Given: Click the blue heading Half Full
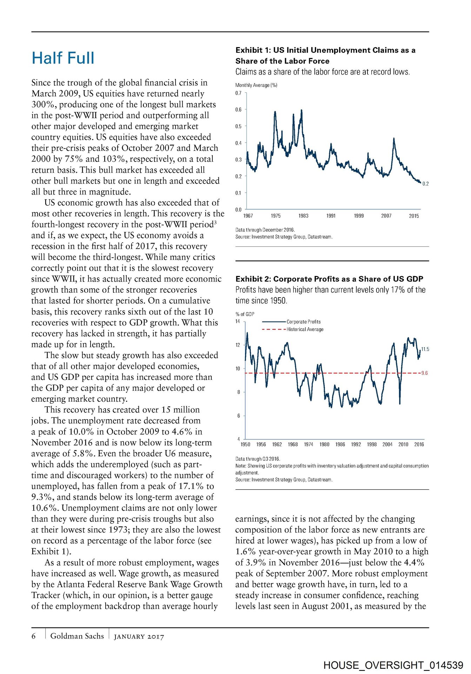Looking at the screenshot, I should [x=63, y=58].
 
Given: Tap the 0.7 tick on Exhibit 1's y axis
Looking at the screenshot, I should [x=238, y=93].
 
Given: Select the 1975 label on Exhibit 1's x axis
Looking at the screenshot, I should [x=276, y=216].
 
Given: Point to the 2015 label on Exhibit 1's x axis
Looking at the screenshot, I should [x=414, y=216].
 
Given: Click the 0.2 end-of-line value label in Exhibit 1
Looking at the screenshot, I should [x=425, y=184].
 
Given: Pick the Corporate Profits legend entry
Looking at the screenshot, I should [x=303, y=322].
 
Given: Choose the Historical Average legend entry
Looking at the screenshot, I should [x=305, y=329].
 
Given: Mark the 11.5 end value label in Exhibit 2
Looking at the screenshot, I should [x=425, y=349].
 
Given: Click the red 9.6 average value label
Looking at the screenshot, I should [x=424, y=373].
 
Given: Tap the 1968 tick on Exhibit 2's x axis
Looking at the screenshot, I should [x=293, y=444].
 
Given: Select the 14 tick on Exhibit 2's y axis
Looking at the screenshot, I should [x=238, y=321].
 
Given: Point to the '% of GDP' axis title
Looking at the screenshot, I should [x=245, y=314].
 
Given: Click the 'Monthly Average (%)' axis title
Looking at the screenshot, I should [x=256, y=85].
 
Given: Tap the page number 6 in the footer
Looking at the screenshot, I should [x=34, y=636].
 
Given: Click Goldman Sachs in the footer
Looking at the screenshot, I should [x=77, y=636].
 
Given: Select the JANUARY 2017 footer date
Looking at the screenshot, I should [x=139, y=636].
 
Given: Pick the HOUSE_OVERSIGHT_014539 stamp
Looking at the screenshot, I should [x=393, y=665].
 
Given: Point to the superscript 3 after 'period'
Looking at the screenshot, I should [x=215, y=223].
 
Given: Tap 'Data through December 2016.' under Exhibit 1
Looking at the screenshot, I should [x=265, y=230].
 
